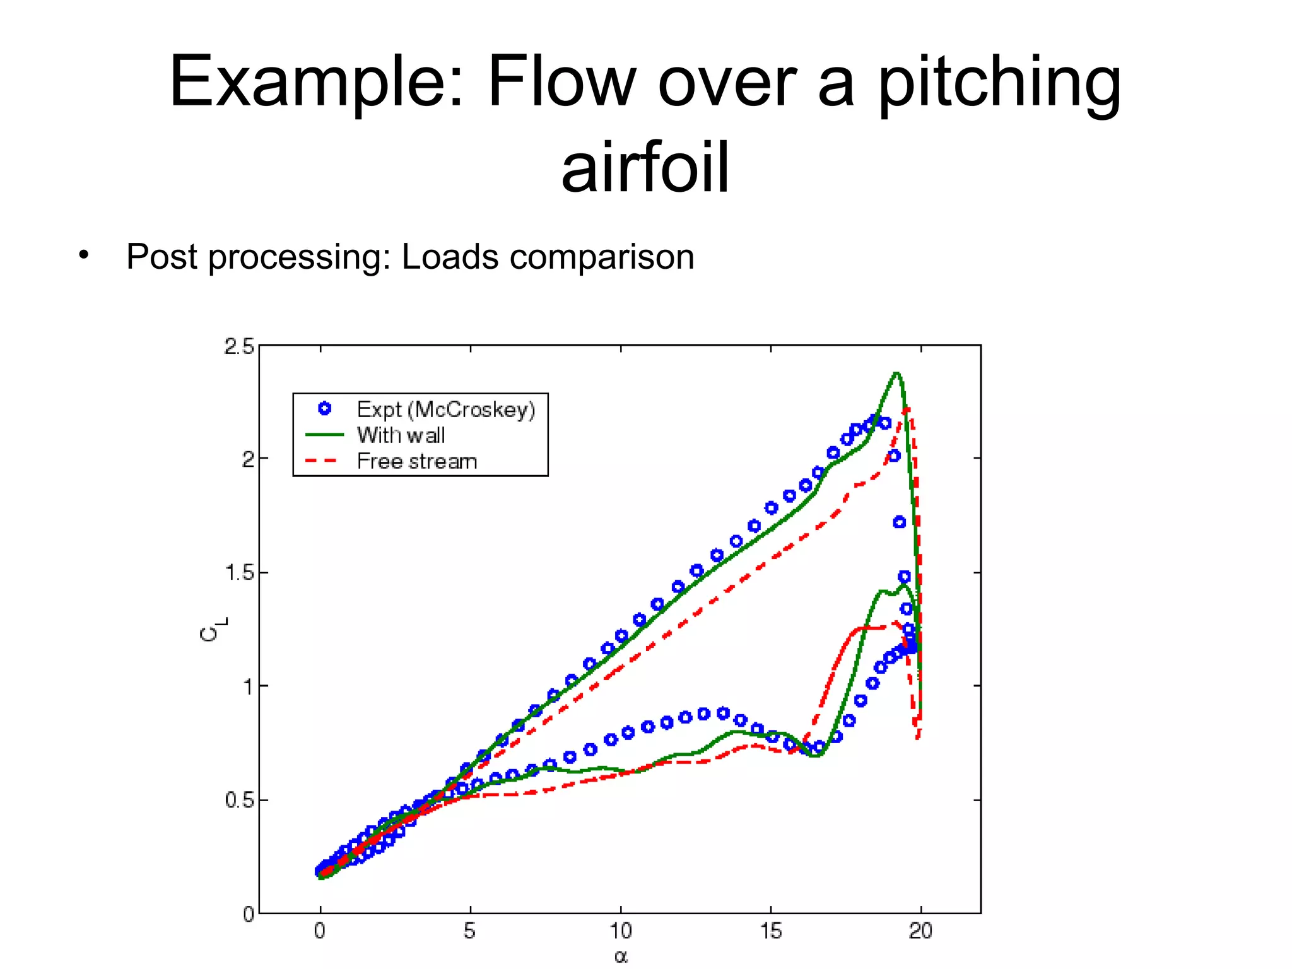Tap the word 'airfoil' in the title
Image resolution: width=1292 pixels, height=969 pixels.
point(645,168)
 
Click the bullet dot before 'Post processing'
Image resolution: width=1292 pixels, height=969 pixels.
point(84,255)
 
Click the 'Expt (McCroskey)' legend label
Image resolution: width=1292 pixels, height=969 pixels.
point(445,409)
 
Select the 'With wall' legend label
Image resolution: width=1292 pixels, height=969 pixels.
point(401,435)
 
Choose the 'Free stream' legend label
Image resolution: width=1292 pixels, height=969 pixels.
point(416,461)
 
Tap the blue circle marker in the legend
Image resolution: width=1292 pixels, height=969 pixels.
point(324,409)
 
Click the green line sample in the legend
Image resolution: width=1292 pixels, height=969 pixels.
point(324,435)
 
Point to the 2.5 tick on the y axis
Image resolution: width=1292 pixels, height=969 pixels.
point(239,346)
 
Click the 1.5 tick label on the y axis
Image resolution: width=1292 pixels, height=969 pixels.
point(239,573)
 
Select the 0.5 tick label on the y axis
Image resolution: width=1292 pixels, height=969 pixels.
point(239,800)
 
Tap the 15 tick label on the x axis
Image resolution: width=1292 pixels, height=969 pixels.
point(770,931)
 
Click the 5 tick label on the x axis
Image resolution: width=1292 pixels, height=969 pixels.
point(470,931)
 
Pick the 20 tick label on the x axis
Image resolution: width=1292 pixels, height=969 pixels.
point(920,931)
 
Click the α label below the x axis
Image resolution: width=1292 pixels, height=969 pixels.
point(621,957)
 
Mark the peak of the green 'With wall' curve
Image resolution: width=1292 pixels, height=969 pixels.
point(896,373)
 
